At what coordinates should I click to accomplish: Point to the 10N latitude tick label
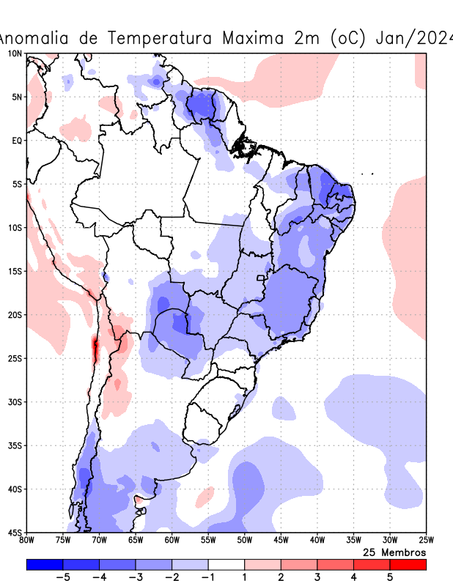click(15, 54)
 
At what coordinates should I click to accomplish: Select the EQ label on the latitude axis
click(17, 141)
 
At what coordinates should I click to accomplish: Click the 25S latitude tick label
click(15, 358)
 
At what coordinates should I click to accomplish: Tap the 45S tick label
click(15, 532)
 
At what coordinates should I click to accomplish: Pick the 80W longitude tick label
click(27, 541)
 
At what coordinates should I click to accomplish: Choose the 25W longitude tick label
click(425, 541)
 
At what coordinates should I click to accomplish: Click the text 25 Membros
click(394, 552)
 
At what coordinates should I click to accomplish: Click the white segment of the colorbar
click(226, 565)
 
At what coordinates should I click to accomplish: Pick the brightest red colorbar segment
click(408, 565)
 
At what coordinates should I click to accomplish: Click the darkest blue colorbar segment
click(44, 565)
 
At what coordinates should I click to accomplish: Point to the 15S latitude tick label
click(15, 272)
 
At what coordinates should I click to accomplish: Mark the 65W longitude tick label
click(136, 541)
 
